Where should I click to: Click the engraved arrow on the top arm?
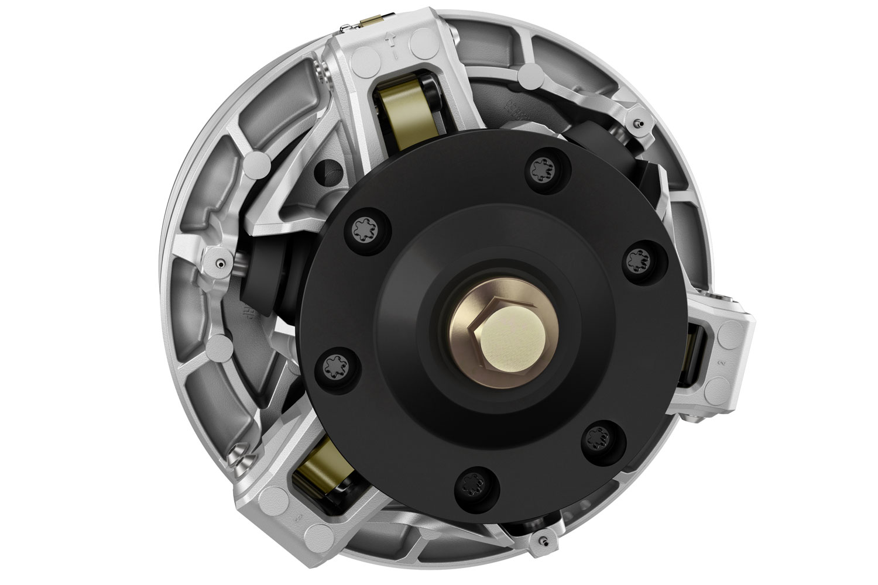(x=396, y=44)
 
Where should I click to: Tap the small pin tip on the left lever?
(x=218, y=263)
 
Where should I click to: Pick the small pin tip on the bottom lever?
(x=544, y=522)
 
